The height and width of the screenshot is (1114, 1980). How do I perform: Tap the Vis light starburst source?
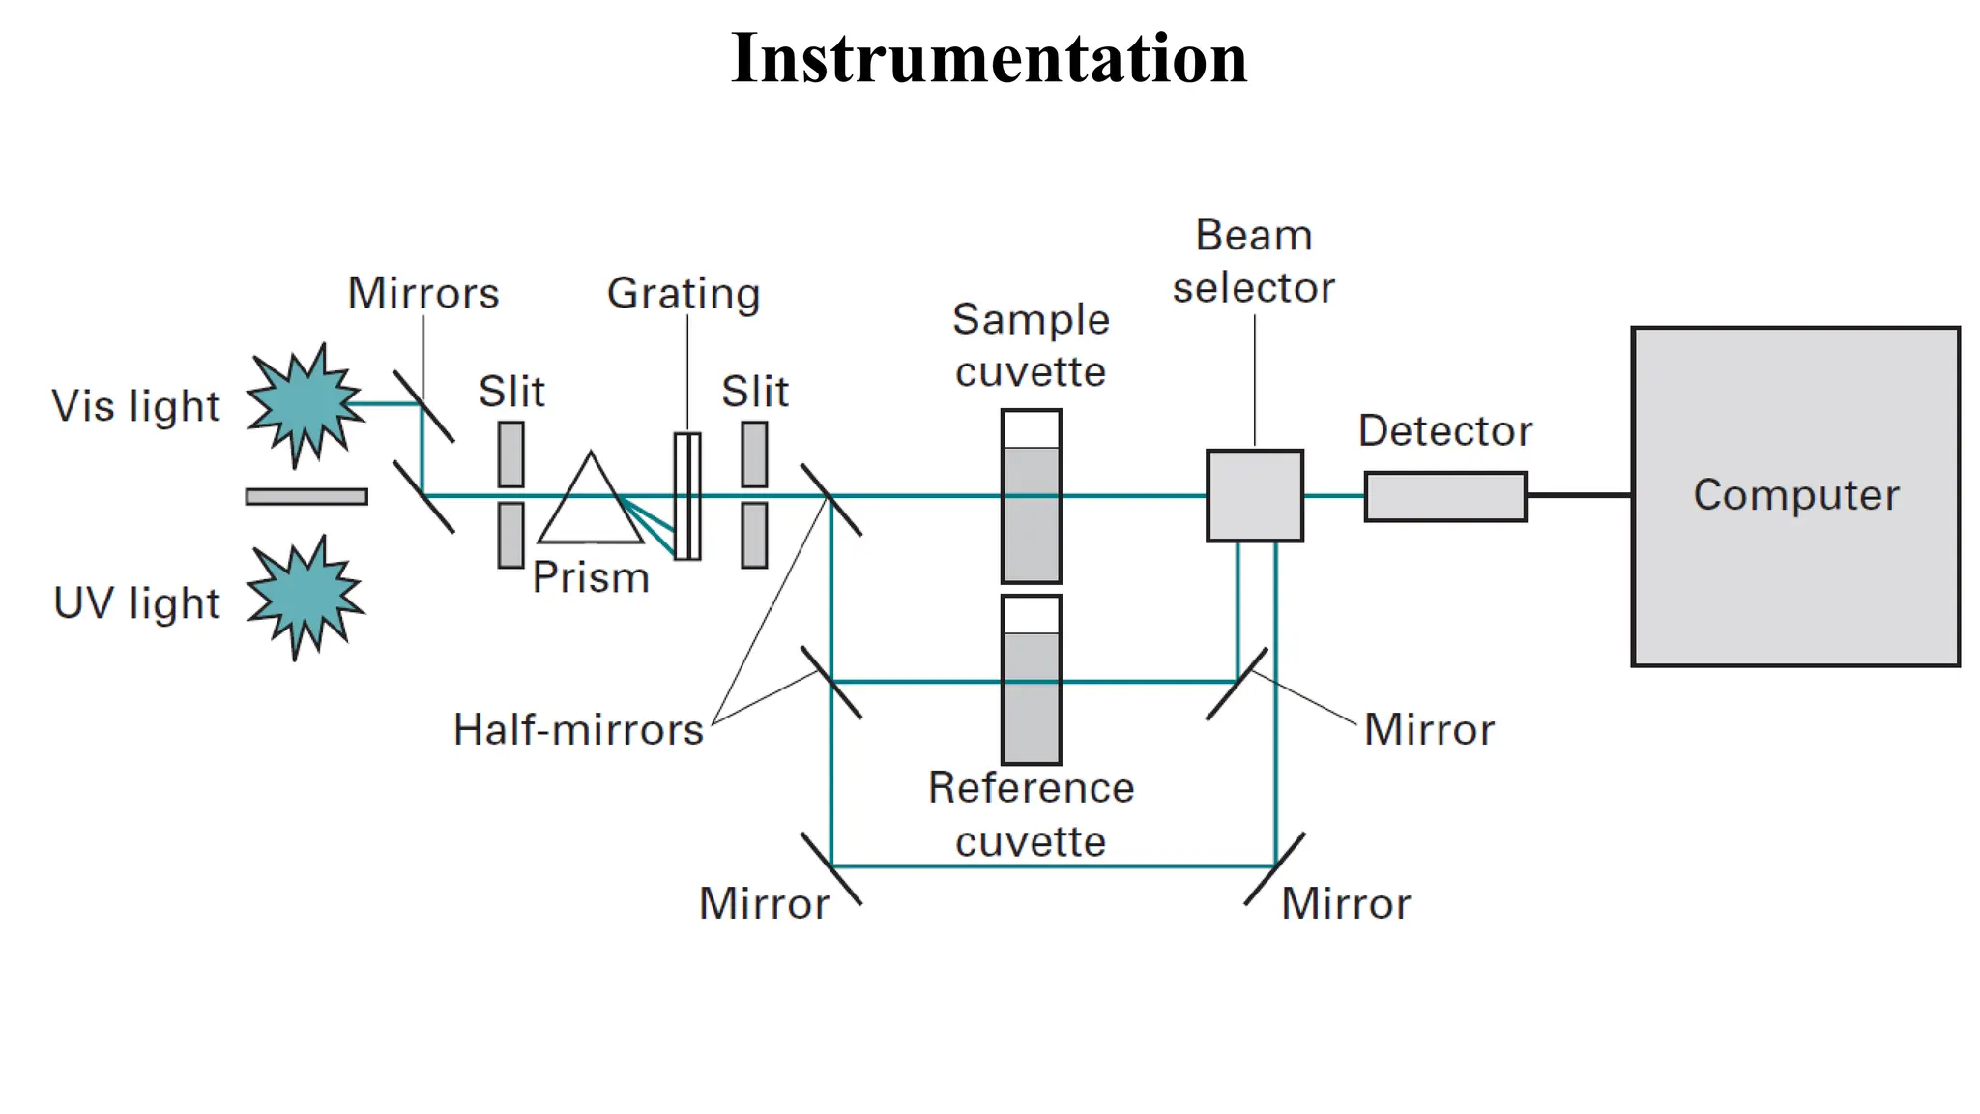tap(305, 404)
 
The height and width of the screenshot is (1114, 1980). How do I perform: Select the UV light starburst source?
tap(305, 597)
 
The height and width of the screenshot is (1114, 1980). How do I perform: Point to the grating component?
tap(687, 496)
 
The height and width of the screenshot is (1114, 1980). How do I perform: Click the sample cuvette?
tap(1031, 496)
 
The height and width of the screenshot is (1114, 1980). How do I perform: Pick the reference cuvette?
tap(1031, 680)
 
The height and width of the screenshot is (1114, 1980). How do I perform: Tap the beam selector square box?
tap(1254, 495)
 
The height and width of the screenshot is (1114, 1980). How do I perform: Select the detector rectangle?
tap(1444, 496)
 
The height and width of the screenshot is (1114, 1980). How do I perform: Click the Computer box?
tap(1795, 496)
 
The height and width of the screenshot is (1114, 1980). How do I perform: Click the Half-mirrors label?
tap(578, 730)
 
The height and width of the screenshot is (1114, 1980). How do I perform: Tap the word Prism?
tap(591, 577)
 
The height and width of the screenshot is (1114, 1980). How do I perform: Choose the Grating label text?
tap(684, 293)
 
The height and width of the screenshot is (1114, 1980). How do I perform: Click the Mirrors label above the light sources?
tap(423, 293)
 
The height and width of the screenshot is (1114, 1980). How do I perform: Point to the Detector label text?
tap(1444, 430)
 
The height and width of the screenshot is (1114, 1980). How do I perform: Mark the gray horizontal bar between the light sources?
tap(306, 496)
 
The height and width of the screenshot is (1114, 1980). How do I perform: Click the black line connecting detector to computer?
tap(1579, 495)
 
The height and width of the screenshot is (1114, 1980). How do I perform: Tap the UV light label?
tap(136, 603)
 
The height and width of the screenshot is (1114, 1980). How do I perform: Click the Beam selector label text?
tap(1253, 261)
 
